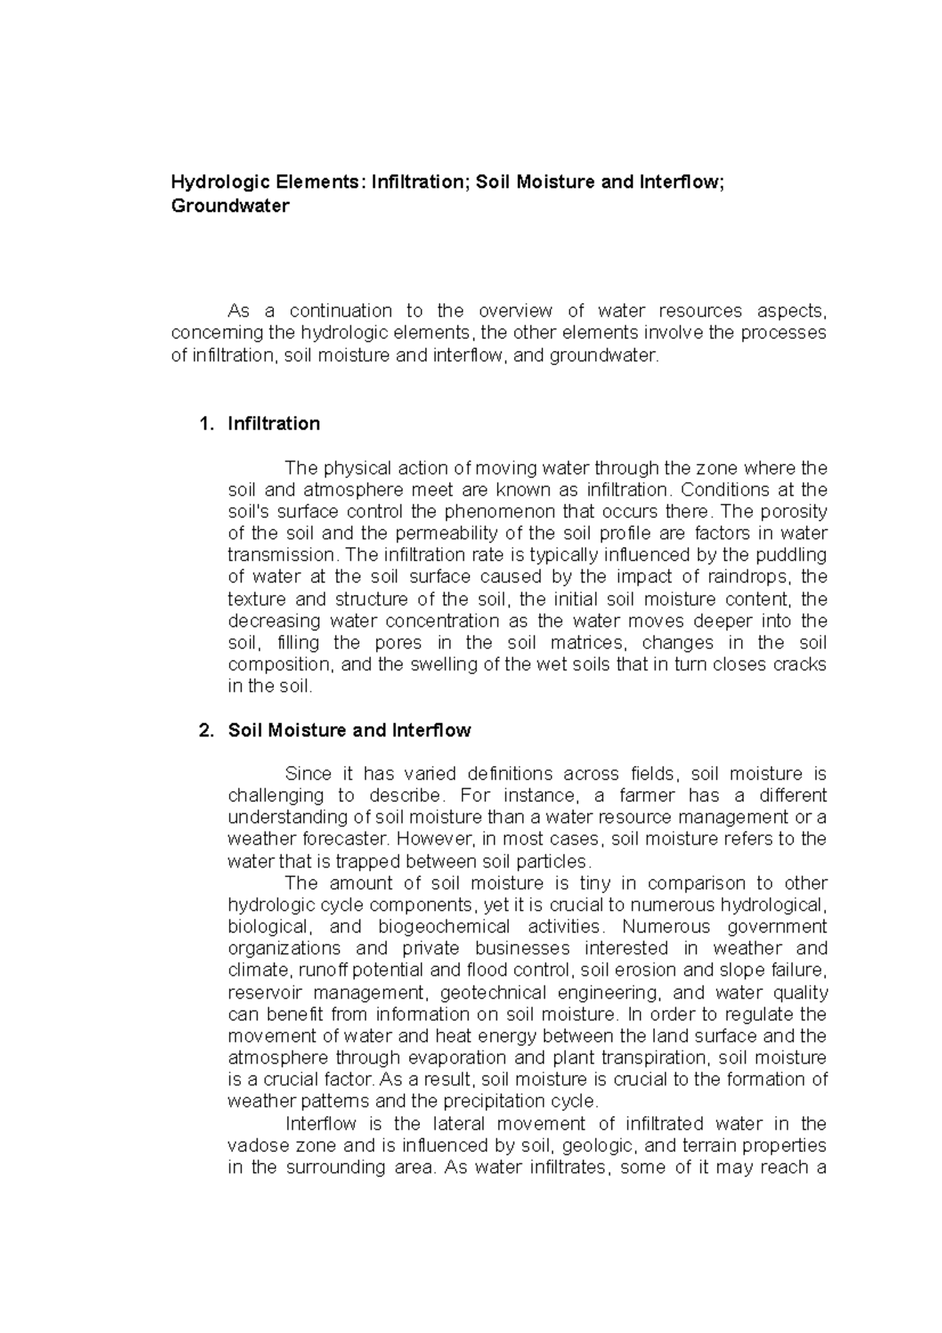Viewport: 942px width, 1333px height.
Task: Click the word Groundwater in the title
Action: [230, 206]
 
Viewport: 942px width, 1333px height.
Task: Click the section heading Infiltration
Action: [273, 424]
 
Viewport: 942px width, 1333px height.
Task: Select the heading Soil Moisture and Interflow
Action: [349, 730]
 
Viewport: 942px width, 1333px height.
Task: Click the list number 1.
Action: [206, 424]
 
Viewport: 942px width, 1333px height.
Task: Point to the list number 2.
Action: [206, 730]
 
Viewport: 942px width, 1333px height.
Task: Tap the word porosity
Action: [797, 512]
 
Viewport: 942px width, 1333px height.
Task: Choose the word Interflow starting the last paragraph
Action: [321, 1123]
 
